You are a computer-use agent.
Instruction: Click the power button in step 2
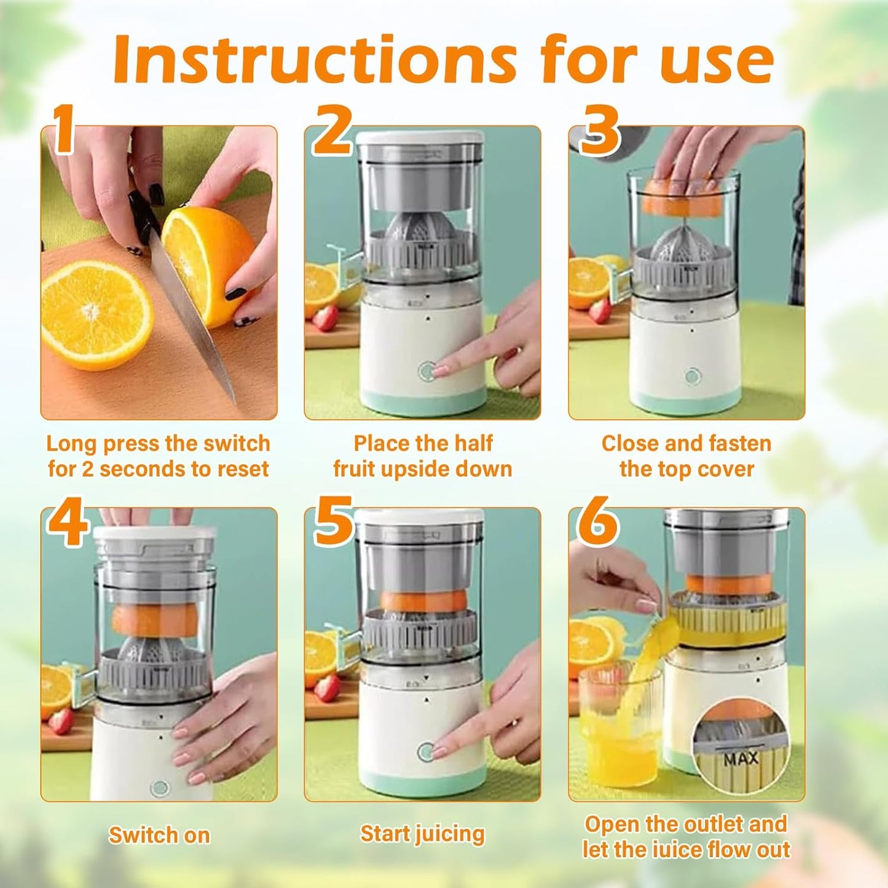(426, 371)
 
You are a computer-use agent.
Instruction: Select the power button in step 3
(693, 376)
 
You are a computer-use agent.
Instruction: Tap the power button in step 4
(160, 787)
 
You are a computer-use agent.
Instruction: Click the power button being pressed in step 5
(426, 752)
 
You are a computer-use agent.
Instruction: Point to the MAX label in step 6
(741, 760)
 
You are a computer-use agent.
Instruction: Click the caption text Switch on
(159, 836)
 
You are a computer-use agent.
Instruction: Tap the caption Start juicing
(422, 834)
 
